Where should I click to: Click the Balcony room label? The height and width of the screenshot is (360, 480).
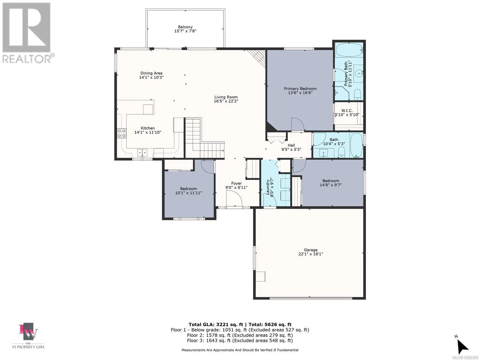185,27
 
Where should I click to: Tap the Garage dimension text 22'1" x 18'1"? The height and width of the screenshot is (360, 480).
310,254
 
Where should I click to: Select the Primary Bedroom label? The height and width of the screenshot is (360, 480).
300,89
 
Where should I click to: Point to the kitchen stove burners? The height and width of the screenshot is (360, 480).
121,133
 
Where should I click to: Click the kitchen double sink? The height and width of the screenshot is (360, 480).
142,153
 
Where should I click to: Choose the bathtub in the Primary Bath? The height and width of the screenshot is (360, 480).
349,50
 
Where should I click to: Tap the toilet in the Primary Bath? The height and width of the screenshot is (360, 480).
357,94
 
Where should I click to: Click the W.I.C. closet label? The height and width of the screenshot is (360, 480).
347,111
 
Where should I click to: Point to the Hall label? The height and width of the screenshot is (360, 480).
291,145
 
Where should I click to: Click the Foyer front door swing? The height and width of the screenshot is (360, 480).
234,198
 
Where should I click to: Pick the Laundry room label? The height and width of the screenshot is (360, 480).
268,187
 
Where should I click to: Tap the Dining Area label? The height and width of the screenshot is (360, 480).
151,73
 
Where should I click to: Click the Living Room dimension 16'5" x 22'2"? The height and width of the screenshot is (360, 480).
226,101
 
